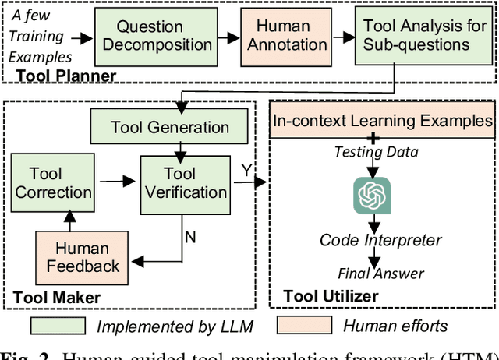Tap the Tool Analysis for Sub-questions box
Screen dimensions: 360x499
[424, 36]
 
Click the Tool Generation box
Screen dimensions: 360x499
[169, 127]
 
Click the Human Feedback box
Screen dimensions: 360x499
[83, 256]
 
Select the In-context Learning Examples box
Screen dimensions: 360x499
[382, 121]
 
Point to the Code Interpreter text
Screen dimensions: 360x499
[380, 240]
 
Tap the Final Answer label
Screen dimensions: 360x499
[380, 273]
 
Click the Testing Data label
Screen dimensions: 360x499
[376, 153]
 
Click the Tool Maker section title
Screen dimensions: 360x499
[57, 297]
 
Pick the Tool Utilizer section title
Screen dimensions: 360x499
[331, 296]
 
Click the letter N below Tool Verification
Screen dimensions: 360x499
[189, 236]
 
